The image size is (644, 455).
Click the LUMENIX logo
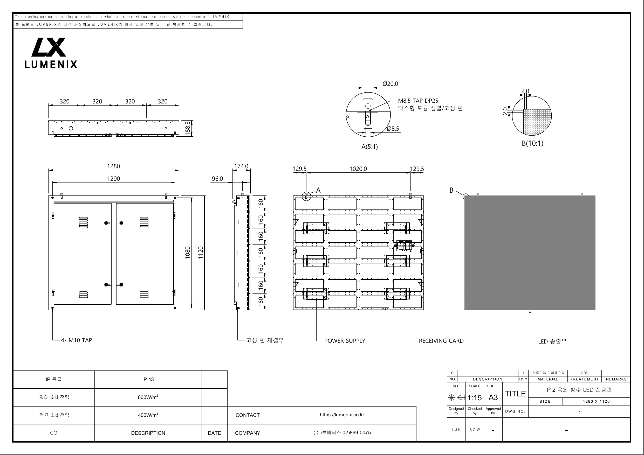[x=51, y=53]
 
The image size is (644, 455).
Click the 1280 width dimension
[x=114, y=166]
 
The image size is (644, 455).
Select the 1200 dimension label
[x=114, y=179]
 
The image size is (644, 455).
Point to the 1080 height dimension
[x=188, y=253]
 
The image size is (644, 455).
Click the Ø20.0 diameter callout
[x=390, y=84]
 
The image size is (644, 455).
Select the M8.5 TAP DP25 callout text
[x=418, y=101]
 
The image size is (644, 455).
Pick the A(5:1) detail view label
[x=369, y=147]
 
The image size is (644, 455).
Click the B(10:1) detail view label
[x=532, y=143]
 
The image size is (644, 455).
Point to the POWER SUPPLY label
[x=345, y=341]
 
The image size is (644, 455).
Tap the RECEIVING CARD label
[x=441, y=341]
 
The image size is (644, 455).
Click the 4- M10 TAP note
[x=77, y=340]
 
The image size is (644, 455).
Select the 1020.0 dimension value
[x=358, y=169]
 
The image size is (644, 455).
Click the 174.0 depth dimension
[x=241, y=166]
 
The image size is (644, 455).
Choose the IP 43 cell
[x=148, y=379]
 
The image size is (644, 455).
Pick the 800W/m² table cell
[x=148, y=397]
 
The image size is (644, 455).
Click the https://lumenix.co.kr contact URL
[x=342, y=415]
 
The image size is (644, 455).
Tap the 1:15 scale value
[x=475, y=397]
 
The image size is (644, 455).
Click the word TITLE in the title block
[x=515, y=394]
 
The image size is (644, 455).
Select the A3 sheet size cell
[x=493, y=397]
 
